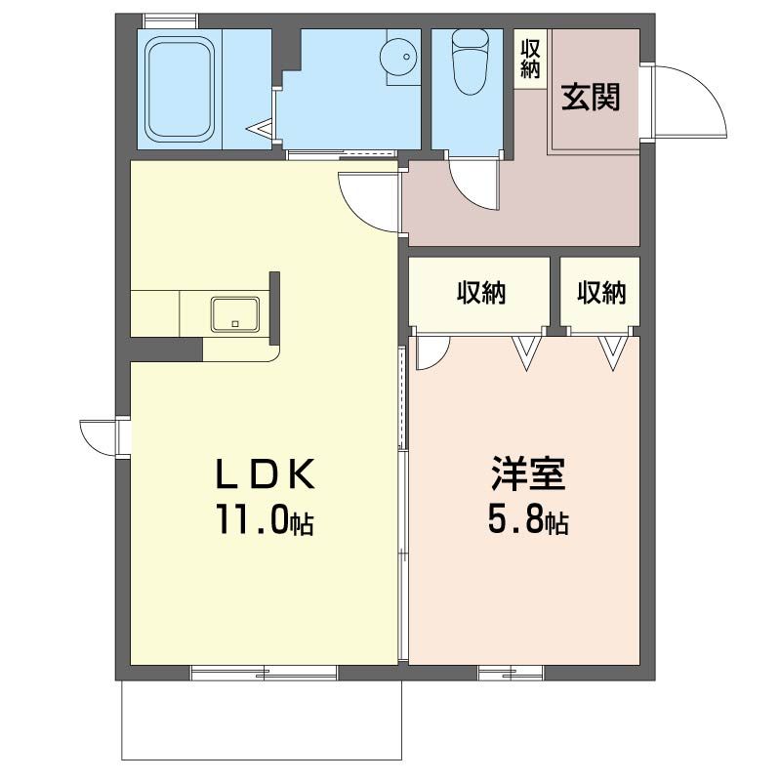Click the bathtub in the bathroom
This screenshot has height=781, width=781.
[x=180, y=89]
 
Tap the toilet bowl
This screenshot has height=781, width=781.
[x=470, y=62]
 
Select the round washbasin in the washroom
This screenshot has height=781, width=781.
[x=398, y=57]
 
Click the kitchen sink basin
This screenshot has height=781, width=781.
[x=235, y=314]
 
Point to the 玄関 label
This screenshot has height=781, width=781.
[x=591, y=97]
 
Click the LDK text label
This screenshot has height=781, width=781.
[x=265, y=473]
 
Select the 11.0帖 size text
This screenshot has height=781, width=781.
[x=265, y=519]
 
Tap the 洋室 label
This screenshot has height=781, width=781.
[x=528, y=473]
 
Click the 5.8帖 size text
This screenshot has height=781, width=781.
[x=528, y=519]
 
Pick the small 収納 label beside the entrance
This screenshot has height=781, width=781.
[x=530, y=59]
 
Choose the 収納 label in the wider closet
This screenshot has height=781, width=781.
[x=481, y=292]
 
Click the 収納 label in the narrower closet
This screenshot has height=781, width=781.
[x=601, y=292]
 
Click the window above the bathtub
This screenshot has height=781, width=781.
[x=170, y=21]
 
